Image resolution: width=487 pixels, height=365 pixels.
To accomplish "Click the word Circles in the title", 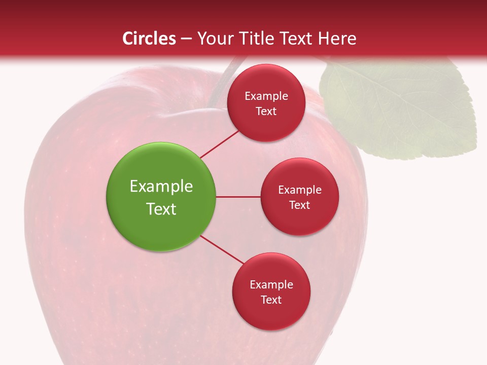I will tap(149, 39).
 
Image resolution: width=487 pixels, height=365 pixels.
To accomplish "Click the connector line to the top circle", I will tap(219, 144).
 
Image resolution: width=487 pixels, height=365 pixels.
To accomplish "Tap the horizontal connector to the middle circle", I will tap(238, 197).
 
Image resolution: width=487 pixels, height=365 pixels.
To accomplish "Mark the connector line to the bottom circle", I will tap(222, 249).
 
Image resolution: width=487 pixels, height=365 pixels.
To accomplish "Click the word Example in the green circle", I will tap(161, 186).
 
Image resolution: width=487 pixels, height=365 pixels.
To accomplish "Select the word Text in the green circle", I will tap(161, 209).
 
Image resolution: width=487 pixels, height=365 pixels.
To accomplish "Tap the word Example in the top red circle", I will tap(266, 96).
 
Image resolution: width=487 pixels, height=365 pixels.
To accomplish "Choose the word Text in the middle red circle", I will tap(299, 205).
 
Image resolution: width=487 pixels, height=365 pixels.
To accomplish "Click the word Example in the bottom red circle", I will tap(271, 284).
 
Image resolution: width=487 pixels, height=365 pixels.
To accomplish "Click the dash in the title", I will tap(186, 39).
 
